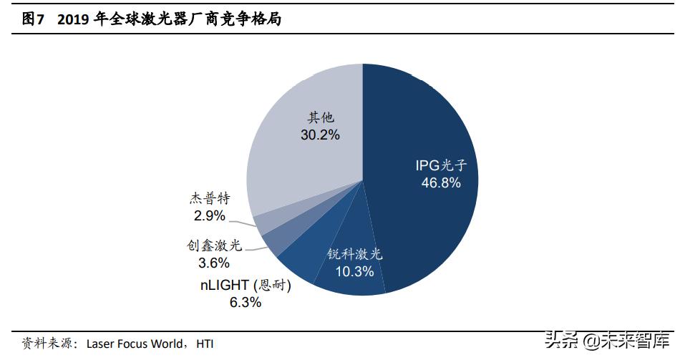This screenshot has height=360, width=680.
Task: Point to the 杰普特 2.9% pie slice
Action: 262,223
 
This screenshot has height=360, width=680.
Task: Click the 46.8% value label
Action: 440,183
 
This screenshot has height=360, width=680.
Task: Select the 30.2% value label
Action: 320,135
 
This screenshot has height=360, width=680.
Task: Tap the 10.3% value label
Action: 355,271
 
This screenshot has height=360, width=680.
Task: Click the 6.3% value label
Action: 245,302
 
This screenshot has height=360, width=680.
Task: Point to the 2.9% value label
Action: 209,215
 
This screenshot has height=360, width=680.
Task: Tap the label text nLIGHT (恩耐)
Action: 246,285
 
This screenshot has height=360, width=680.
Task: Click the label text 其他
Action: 321,117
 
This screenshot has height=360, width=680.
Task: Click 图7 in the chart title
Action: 33,20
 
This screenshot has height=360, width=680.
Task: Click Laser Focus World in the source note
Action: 134,344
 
